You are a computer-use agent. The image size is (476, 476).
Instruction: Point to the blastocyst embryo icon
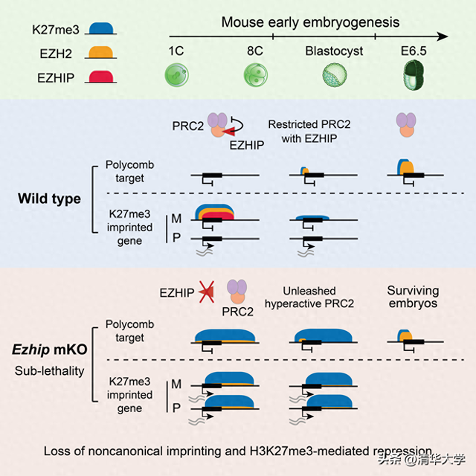[x=332, y=74]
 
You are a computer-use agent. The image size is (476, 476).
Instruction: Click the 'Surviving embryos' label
[x=413, y=297]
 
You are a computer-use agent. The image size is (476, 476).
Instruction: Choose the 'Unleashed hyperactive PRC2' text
[x=320, y=297]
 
